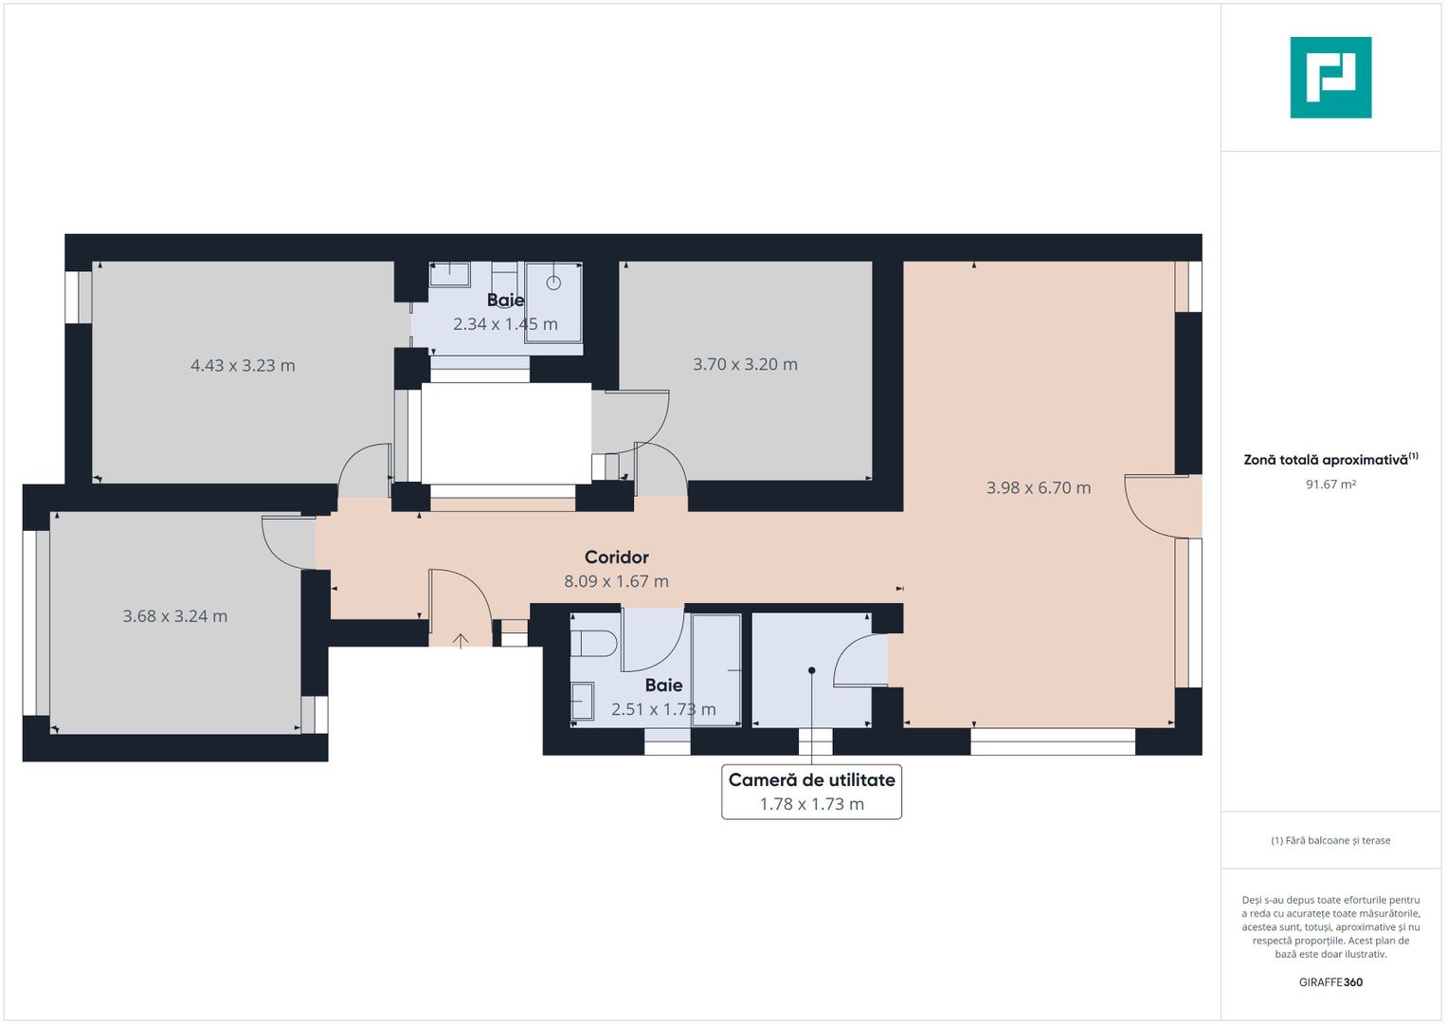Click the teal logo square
1330,78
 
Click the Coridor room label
616,557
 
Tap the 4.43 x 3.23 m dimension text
243,365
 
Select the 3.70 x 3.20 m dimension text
745,364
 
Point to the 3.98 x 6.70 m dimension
1038,487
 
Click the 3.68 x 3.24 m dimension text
175,615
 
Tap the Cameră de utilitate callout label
811,779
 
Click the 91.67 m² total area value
1330,485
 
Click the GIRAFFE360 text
1330,982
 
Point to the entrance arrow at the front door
460,641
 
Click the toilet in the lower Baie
593,643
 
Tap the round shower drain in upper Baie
553,283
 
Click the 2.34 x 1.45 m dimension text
505,324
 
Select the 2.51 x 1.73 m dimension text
663,709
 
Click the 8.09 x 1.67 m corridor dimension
616,581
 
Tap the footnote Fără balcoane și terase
1330,840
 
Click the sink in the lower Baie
583,701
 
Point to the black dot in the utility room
811,670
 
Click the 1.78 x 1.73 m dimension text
811,804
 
